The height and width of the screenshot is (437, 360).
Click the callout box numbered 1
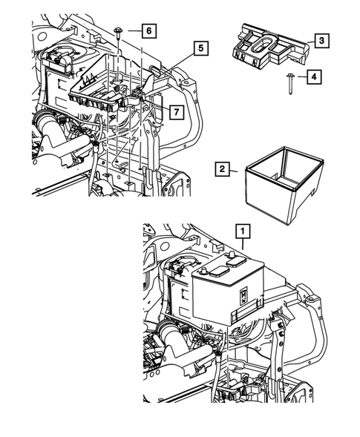(242, 231)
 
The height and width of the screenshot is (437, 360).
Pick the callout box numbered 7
(174, 114)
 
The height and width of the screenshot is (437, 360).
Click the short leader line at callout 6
(132, 30)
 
